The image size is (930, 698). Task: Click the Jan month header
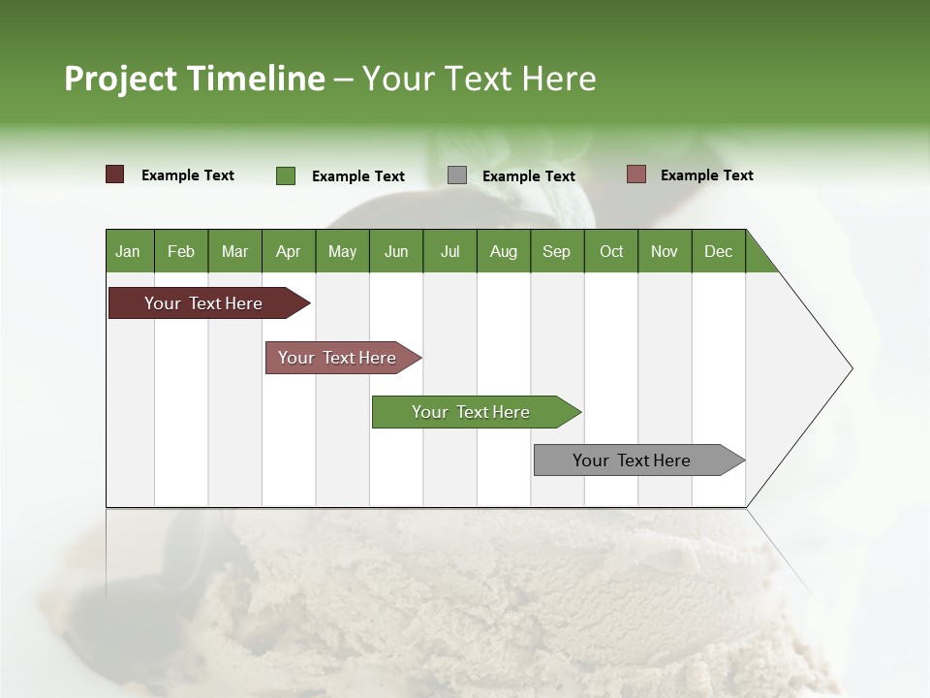pyautogui.click(x=128, y=251)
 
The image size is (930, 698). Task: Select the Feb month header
pyautogui.click(x=181, y=251)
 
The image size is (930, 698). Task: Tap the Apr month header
pyautogui.click(x=288, y=251)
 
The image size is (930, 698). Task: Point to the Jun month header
pyautogui.click(x=395, y=251)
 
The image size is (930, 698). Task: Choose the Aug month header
pyautogui.click(x=503, y=251)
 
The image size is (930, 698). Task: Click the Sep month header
pyautogui.click(x=556, y=251)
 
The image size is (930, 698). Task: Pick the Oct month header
pyautogui.click(x=610, y=251)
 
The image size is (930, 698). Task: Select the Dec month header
pyautogui.click(x=718, y=251)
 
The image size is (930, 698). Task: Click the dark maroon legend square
pyautogui.click(x=114, y=174)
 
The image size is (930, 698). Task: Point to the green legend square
pyautogui.click(x=286, y=175)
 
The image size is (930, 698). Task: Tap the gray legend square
pyautogui.click(x=457, y=175)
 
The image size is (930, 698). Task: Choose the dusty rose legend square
pyautogui.click(x=635, y=174)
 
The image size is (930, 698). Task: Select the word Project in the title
pyautogui.click(x=121, y=79)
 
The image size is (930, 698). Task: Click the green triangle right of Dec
pyautogui.click(x=758, y=258)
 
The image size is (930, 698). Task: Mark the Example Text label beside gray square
pyautogui.click(x=528, y=176)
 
